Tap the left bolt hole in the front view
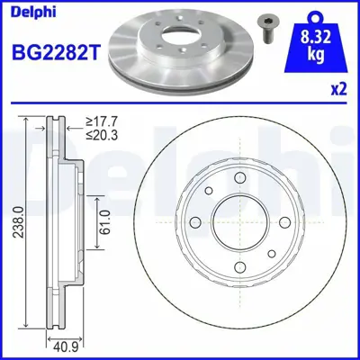point(195,222)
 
